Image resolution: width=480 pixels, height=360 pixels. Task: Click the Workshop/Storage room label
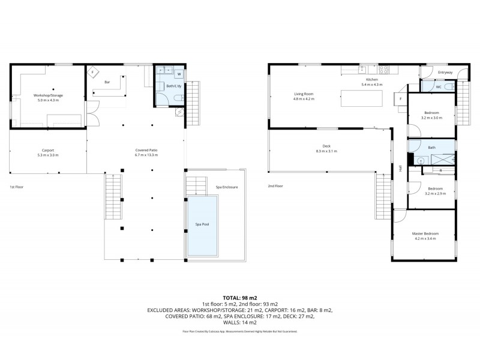(47, 95)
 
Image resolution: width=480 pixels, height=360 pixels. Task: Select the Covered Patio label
(146, 150)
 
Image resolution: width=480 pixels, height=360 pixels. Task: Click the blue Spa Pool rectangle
(202, 224)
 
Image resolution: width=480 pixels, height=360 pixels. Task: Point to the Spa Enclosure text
(227, 187)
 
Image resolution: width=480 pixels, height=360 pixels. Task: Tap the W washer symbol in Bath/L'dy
(179, 74)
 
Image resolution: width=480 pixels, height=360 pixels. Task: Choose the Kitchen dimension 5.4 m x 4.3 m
(372, 85)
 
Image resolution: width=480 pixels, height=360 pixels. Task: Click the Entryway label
(445, 73)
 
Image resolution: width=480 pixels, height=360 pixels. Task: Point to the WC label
(438, 87)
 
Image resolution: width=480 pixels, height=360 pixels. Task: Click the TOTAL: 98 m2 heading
(239, 298)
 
